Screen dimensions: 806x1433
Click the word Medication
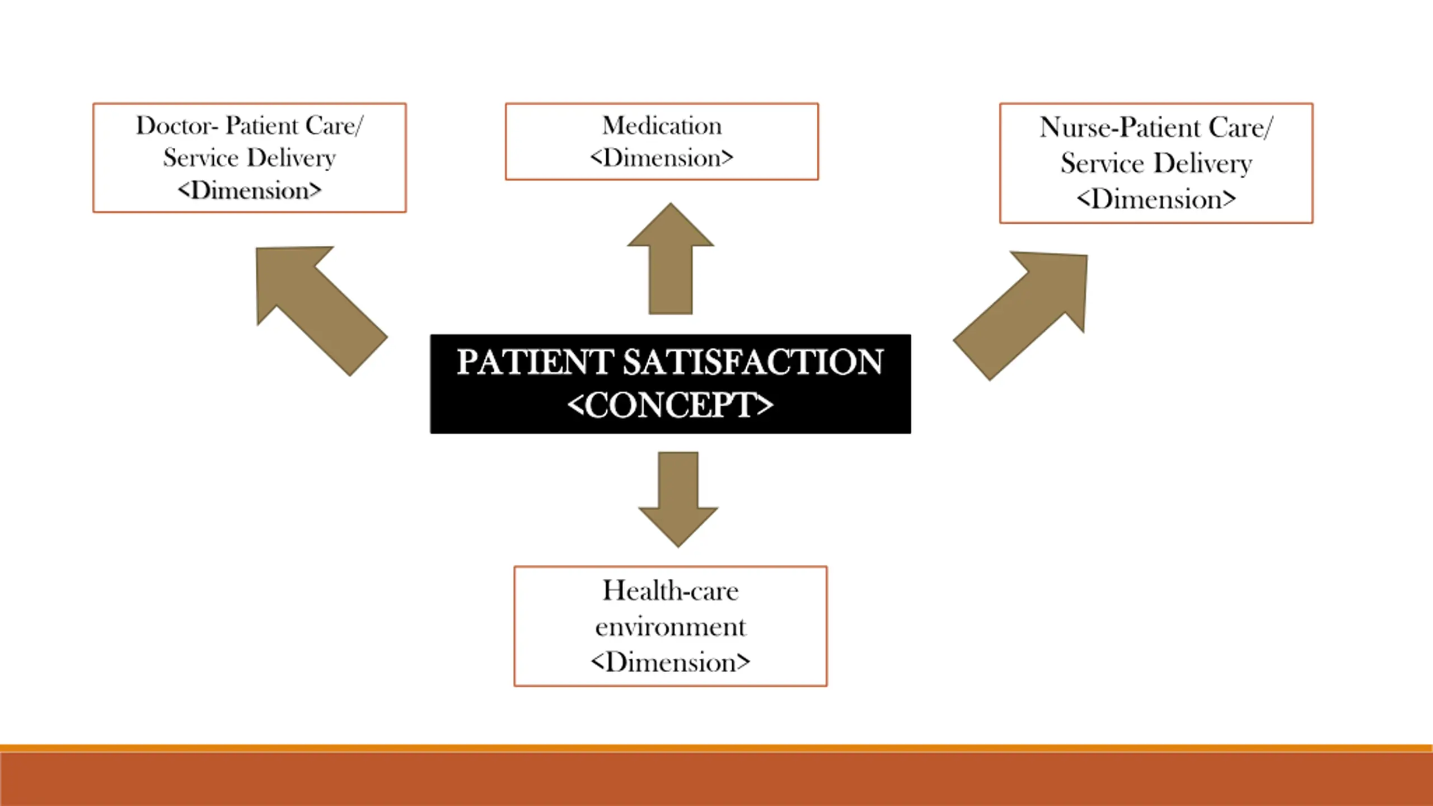pyautogui.click(x=662, y=126)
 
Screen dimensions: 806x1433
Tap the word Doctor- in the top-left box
pyautogui.click(x=176, y=126)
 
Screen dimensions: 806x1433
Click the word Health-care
pyautogui.click(x=670, y=591)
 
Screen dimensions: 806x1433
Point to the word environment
pyautogui.click(x=670, y=627)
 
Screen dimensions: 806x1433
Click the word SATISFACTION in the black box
pyautogui.click(x=753, y=362)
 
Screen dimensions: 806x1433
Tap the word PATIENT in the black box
pyautogui.click(x=535, y=362)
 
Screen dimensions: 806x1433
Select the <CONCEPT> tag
pyautogui.click(x=670, y=405)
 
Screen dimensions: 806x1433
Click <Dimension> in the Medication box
pyautogui.click(x=662, y=158)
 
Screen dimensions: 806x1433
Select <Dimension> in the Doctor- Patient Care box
pyautogui.click(x=250, y=191)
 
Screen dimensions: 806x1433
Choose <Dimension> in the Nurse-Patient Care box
pyautogui.click(x=1156, y=199)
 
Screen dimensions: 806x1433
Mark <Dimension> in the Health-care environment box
pyautogui.click(x=670, y=663)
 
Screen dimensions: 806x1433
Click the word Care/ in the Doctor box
pyautogui.click(x=334, y=126)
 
